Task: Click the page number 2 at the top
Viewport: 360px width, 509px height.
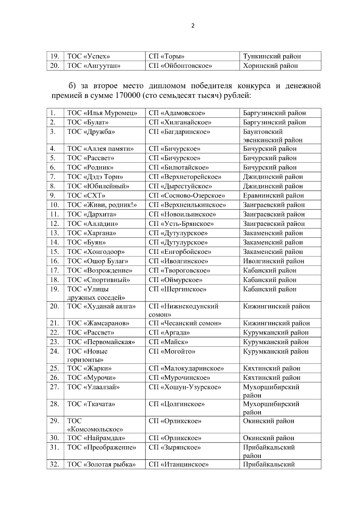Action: coord(193,26)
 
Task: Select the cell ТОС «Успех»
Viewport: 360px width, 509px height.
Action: coord(89,56)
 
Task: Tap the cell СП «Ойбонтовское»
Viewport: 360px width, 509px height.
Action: coord(180,66)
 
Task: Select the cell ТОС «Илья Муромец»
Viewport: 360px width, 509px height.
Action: coord(102,113)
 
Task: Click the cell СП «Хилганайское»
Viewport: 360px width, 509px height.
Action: coord(180,122)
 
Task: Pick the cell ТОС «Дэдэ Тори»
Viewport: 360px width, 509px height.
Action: coord(95,177)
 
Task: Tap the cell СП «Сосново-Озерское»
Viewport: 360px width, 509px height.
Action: coord(187,195)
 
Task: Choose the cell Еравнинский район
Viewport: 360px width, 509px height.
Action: coord(273,195)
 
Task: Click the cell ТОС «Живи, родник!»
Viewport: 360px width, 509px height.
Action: coord(102,205)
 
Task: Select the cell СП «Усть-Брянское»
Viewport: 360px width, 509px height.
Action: coord(181,224)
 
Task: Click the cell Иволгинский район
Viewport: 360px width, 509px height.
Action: coord(274,261)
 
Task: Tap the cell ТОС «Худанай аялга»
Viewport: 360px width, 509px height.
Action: coord(101,306)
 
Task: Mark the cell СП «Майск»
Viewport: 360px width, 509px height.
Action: coord(168,342)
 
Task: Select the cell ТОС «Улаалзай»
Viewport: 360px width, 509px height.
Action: coord(93,387)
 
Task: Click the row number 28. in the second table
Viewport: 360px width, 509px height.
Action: coord(54,404)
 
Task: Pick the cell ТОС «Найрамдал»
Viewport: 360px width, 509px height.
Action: coord(96,438)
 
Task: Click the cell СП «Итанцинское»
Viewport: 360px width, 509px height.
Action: coord(178,465)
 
